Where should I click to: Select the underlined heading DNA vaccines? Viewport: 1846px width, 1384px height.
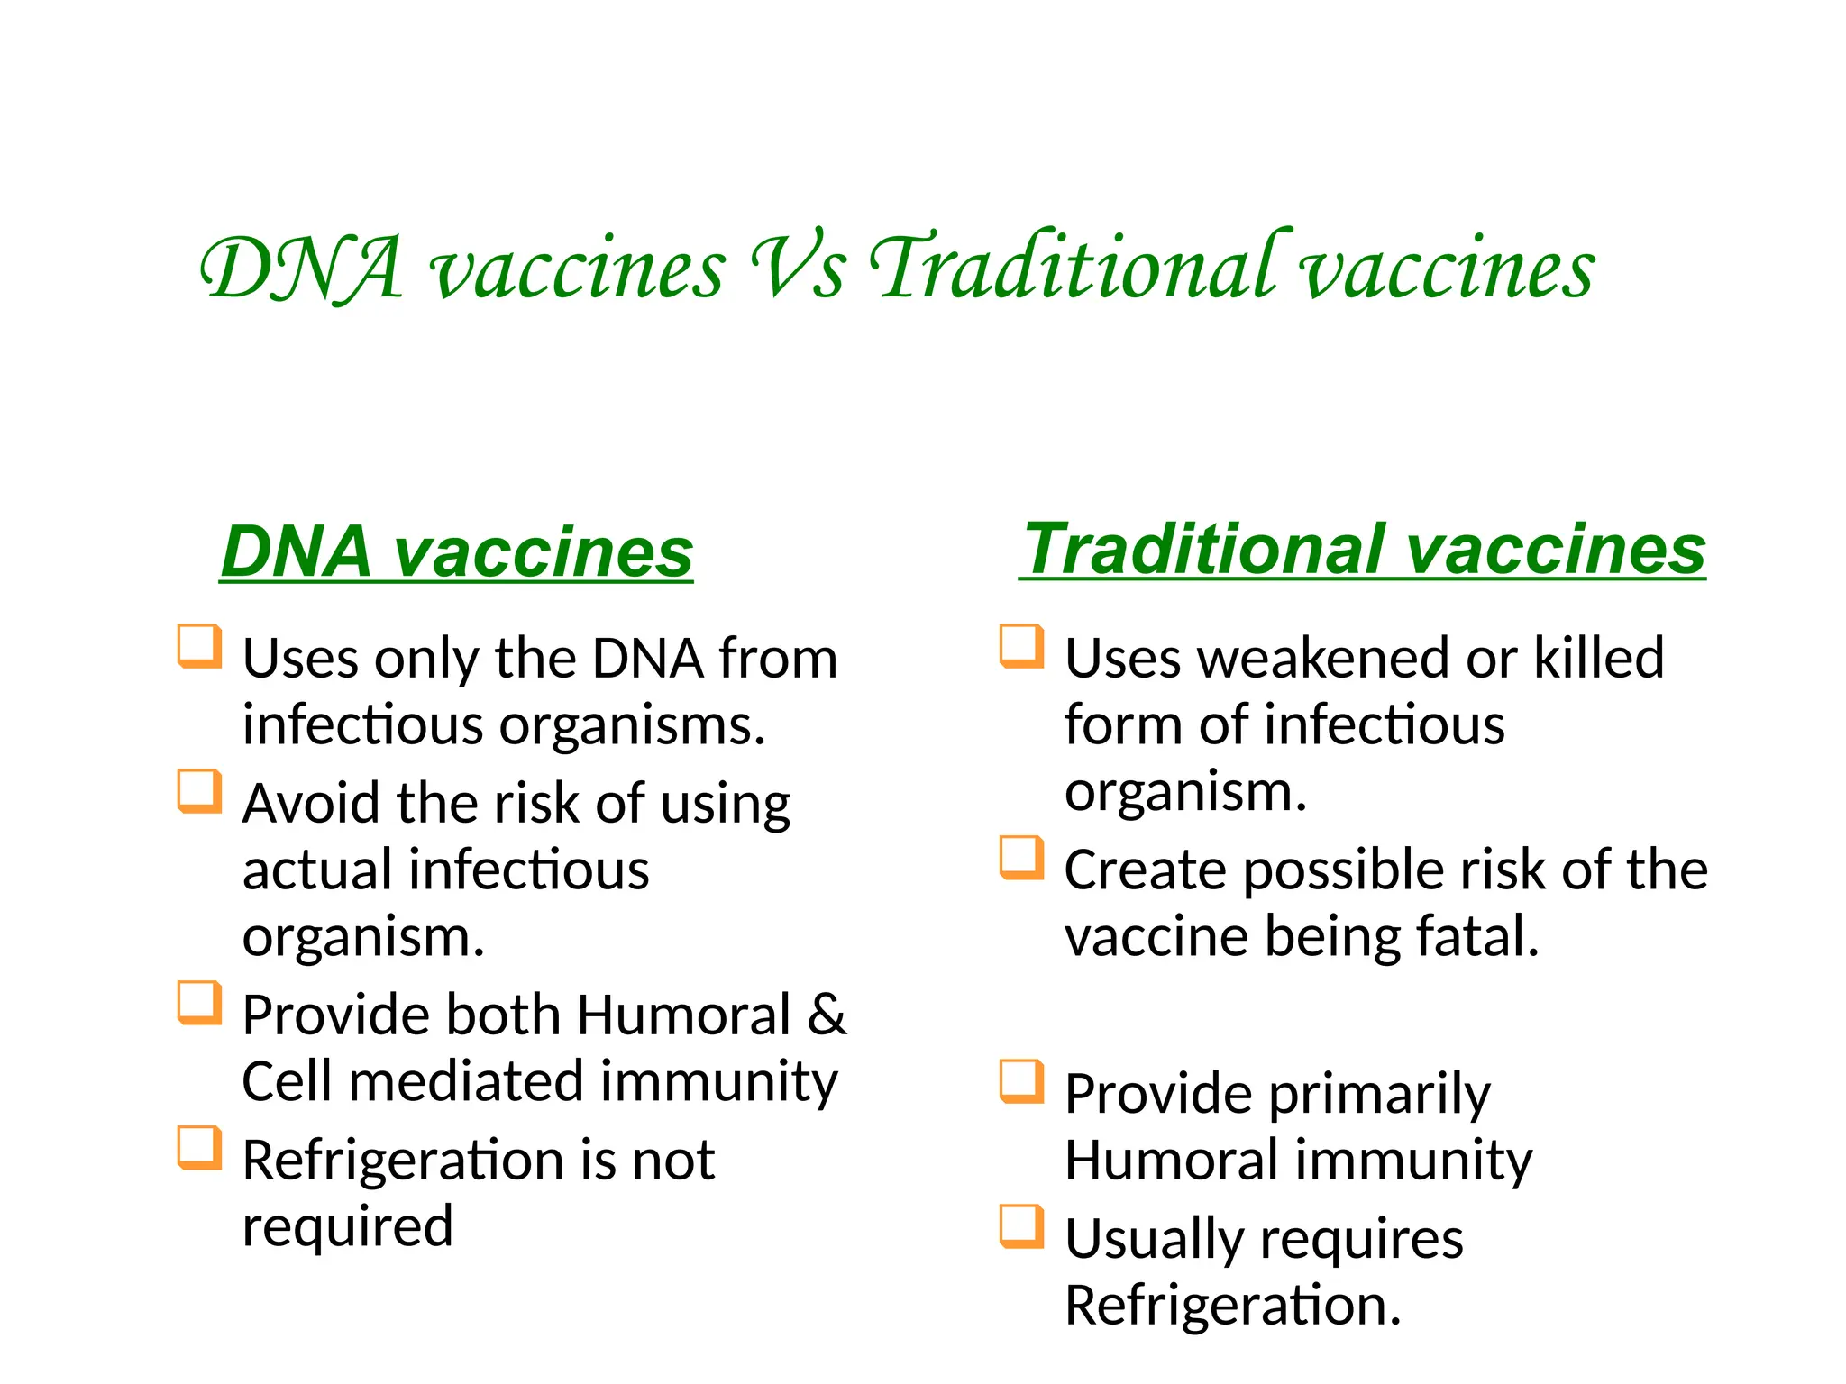[x=456, y=551]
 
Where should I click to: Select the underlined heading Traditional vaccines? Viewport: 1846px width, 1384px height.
[x=1363, y=549]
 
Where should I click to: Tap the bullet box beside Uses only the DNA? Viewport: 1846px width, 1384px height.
[x=199, y=646]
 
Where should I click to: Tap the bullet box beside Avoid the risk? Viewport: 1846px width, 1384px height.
[x=199, y=791]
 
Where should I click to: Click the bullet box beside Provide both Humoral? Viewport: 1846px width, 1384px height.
[x=199, y=1003]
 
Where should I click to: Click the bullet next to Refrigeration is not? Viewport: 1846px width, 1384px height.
[x=199, y=1148]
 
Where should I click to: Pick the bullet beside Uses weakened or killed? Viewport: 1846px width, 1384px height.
[x=1021, y=646]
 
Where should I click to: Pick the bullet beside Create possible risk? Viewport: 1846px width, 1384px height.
[x=1021, y=858]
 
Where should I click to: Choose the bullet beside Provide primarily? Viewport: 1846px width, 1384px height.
[x=1021, y=1081]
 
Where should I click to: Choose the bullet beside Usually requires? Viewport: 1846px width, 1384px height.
[x=1021, y=1226]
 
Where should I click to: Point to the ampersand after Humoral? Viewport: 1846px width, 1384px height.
[x=827, y=1015]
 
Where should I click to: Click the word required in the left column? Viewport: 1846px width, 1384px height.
[x=348, y=1227]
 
